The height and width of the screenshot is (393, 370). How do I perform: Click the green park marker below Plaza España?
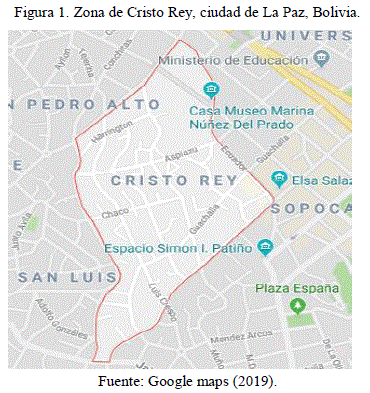(x=297, y=305)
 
